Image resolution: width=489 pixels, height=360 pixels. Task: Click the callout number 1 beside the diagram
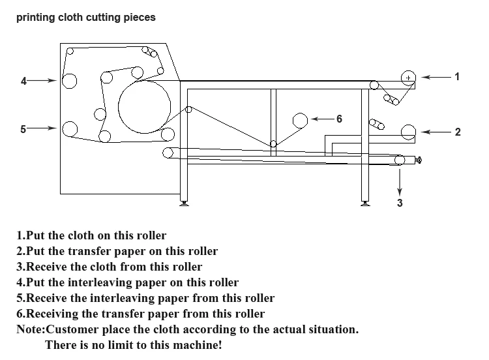point(457,76)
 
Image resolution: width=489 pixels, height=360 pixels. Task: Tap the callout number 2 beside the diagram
point(458,132)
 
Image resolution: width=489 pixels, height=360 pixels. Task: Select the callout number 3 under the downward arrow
point(400,203)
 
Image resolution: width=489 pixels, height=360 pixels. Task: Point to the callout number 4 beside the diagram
point(23,81)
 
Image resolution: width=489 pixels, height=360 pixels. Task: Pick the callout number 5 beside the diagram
point(23,129)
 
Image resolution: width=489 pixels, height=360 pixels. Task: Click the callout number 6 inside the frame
point(339,119)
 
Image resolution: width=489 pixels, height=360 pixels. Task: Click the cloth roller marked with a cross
point(408,78)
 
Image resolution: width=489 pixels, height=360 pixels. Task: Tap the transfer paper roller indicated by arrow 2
point(408,132)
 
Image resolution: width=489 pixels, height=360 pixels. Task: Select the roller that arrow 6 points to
point(300,121)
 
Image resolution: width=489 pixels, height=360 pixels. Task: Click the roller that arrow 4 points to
point(69,81)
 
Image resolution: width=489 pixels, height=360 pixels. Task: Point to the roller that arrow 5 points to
point(70,129)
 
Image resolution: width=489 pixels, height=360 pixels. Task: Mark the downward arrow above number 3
point(400,183)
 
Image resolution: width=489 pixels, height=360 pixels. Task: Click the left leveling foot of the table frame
point(184,203)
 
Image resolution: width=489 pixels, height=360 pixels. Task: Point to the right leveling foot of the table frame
point(365,203)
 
